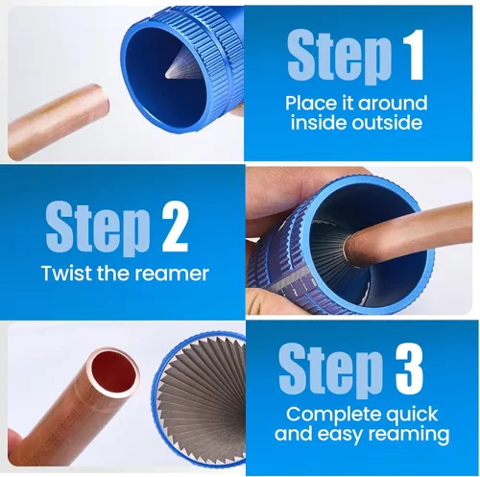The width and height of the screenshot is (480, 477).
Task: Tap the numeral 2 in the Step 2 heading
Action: coord(175,228)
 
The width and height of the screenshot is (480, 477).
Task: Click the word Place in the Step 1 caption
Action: coord(319,103)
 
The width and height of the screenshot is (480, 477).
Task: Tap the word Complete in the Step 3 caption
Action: coord(333,415)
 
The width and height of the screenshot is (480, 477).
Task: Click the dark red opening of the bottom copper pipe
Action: coord(114,370)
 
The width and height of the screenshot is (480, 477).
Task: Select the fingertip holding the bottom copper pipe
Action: coord(13,441)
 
